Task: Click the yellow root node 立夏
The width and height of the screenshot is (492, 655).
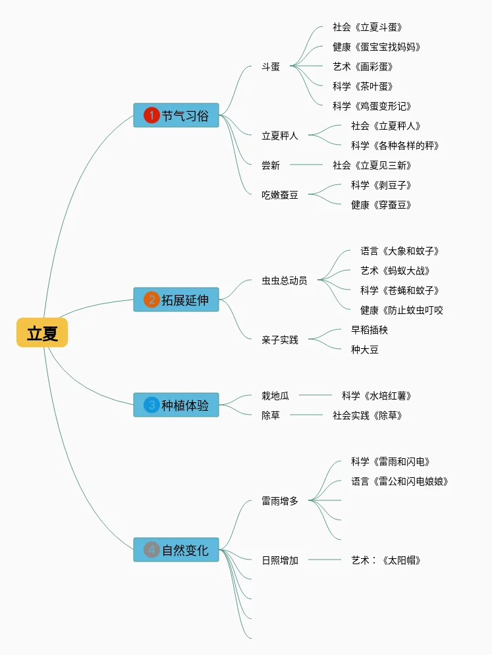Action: coord(42,333)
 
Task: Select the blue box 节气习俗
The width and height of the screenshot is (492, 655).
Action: coord(177,116)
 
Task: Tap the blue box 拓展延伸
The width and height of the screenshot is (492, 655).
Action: coord(177,300)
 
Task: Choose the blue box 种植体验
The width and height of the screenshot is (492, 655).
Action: coord(177,406)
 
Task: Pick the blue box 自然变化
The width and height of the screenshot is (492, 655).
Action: coord(177,550)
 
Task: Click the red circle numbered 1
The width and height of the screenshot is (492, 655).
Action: coord(151,116)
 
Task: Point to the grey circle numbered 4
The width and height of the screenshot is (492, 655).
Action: coord(151,550)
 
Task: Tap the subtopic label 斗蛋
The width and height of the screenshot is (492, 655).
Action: coord(271,66)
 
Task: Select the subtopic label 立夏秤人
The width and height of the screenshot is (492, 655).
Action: coord(280,136)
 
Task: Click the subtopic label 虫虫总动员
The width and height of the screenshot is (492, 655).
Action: coord(285,280)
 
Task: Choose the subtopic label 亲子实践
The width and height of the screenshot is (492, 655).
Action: coord(280,340)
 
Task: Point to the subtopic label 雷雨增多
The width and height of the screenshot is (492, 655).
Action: coord(280,501)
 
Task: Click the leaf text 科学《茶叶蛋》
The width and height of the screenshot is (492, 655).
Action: coord(363,86)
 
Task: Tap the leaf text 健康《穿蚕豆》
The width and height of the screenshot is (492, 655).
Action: coord(381,205)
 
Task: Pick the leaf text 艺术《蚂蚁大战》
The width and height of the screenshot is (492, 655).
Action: coord(395,271)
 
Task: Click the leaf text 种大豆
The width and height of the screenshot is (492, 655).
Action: coord(365,350)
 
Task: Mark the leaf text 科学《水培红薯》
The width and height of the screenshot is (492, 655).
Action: coord(377,396)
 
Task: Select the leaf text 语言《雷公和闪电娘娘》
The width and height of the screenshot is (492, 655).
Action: coord(400,481)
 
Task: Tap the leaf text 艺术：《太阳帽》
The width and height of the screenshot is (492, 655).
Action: coord(386,560)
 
